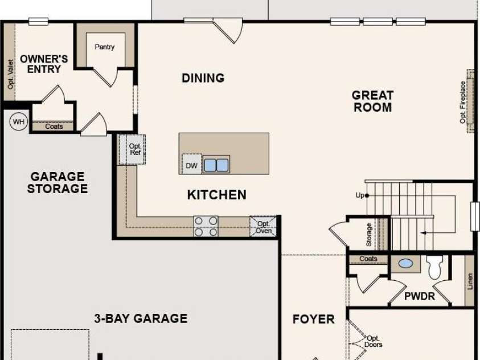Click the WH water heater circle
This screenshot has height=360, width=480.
pyautogui.click(x=19, y=121)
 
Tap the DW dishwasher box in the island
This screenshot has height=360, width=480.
pyautogui.click(x=192, y=165)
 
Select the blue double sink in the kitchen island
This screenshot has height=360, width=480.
pyautogui.click(x=216, y=165)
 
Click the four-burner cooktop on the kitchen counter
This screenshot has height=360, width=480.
pyautogui.click(x=206, y=226)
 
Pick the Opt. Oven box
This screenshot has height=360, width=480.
pyautogui.click(x=263, y=227)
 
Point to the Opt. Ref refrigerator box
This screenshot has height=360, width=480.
pyautogui.click(x=132, y=149)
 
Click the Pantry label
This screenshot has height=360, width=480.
pyautogui.click(x=105, y=47)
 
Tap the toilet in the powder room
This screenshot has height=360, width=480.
pyautogui.click(x=434, y=267)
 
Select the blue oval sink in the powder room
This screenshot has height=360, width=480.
pyautogui.click(x=405, y=263)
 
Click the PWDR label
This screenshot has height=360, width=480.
pyautogui.click(x=420, y=296)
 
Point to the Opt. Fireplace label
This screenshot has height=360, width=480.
pyautogui.click(x=462, y=102)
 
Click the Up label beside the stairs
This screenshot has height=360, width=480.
pyautogui.click(x=359, y=195)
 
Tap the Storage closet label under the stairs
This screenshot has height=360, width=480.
pyautogui.click(x=369, y=235)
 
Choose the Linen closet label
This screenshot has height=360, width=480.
pyautogui.click(x=470, y=281)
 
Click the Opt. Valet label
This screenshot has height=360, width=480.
pyautogui.click(x=10, y=75)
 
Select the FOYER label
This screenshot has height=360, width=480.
pyautogui.click(x=314, y=319)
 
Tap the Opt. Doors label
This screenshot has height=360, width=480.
pyautogui.click(x=373, y=341)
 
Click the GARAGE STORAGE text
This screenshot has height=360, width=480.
pyautogui.click(x=58, y=182)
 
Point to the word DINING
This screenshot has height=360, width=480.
pyautogui.click(x=203, y=78)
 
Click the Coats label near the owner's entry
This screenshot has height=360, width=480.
pyautogui.click(x=54, y=126)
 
